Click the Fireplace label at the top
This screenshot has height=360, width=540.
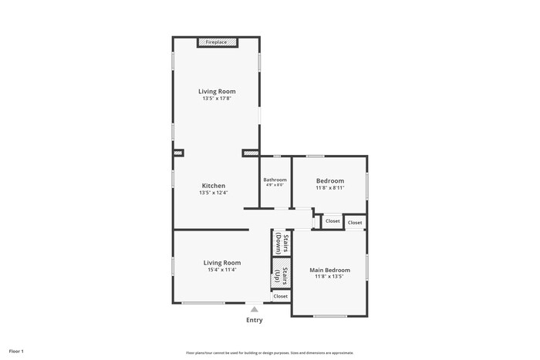tap(216, 42)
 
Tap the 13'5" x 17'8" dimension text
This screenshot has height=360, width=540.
tap(217, 99)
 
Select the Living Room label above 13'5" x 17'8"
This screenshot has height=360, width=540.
tap(217, 91)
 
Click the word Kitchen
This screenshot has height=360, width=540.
tap(214, 185)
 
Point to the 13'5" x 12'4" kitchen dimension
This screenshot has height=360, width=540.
tap(214, 193)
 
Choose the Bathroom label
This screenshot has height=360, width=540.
tap(275, 180)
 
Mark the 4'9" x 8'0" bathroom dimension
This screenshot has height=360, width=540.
tap(275, 185)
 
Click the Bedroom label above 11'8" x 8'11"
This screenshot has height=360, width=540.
tap(330, 180)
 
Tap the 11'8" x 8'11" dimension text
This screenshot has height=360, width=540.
tap(330, 187)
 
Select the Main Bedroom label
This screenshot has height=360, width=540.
tap(329, 270)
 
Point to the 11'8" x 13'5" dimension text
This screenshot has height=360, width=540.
tap(329, 277)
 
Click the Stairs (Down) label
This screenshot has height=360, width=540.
tap(282, 244)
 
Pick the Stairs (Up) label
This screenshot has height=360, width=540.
tap(282, 276)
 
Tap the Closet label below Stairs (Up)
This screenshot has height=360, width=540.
tap(280, 296)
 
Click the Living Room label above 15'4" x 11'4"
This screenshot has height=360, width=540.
tap(221, 262)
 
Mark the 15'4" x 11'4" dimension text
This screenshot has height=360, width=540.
tap(221, 270)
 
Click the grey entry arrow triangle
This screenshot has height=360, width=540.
tap(254, 309)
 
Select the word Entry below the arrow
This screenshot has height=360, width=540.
tap(254, 320)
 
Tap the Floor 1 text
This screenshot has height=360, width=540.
tap(16, 351)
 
